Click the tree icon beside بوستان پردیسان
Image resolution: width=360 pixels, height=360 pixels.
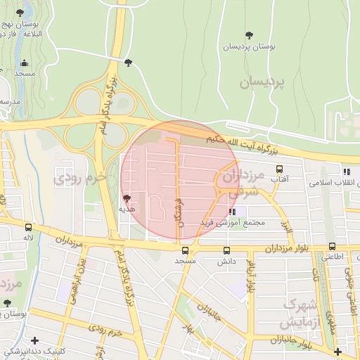(x=249, y=35)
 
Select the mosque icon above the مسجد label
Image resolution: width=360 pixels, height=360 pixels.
(x=24, y=63)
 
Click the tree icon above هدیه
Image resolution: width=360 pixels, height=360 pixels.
(x=127, y=199)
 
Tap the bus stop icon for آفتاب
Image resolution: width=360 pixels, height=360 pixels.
(x=280, y=169)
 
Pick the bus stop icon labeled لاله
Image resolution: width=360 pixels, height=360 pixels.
(x=28, y=227)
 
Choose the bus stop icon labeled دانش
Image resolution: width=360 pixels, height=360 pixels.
(x=226, y=250)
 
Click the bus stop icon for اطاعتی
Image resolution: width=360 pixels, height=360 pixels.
(x=332, y=247)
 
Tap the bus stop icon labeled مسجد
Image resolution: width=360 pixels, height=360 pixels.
(x=185, y=250)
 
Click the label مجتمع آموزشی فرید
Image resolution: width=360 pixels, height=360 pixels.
(x=232, y=222)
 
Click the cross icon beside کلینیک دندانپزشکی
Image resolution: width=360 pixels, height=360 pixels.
(x=34, y=340)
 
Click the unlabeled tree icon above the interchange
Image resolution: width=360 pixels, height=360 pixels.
(x=127, y=63)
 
